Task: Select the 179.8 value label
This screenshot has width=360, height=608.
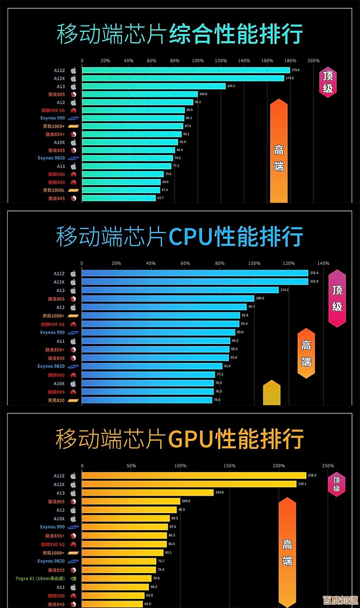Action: [295, 70]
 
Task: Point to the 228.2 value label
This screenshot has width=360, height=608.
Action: [312, 476]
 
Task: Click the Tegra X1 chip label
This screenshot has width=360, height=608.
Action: [40, 578]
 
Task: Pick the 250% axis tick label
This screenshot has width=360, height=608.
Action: [328, 466]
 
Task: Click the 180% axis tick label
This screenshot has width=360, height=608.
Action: [290, 61]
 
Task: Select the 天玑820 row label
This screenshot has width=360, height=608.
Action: [56, 400]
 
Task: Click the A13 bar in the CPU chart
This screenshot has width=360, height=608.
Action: [180, 290]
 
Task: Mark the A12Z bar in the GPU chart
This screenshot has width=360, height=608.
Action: [194, 476]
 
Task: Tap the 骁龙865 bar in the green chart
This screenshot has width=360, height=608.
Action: [140, 94]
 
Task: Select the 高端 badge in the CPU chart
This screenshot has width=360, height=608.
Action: [306, 353]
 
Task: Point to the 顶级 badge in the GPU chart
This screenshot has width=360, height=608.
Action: [337, 484]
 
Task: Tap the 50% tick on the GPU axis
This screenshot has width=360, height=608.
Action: [131, 466]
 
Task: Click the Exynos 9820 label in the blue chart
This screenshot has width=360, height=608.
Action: [51, 366]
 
